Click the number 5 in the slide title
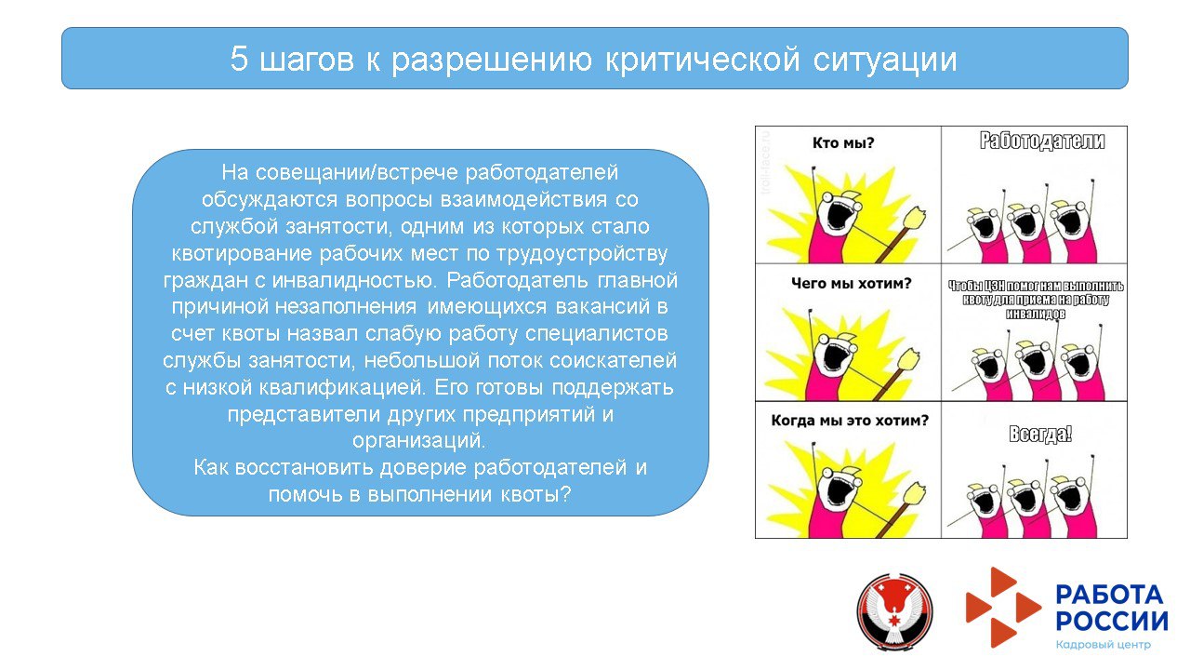[240, 60]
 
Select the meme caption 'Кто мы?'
[843, 142]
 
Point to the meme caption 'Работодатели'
[1042, 141]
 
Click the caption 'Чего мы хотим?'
[851, 284]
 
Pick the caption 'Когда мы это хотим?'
[850, 420]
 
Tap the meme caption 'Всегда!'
[1040, 434]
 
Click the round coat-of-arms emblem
[894, 611]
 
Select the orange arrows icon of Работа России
[1002, 607]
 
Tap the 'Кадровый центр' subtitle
[1104, 645]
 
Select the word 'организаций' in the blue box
[419, 439]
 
